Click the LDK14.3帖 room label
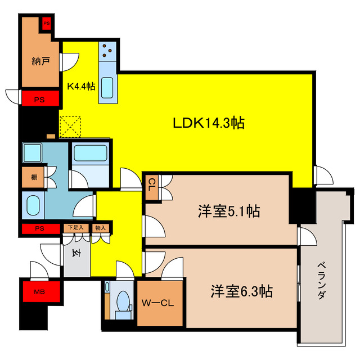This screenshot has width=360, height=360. click(208, 123)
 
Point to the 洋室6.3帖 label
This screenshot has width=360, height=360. click(242, 292)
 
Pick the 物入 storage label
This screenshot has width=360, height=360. click(101, 228)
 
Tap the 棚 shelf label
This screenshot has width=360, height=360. click(34, 178)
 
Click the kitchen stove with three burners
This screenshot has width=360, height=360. click(107, 52)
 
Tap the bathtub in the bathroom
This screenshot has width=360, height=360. click(91, 154)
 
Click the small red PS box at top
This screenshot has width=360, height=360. click(48, 24)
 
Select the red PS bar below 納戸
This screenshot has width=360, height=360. click(39, 100)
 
